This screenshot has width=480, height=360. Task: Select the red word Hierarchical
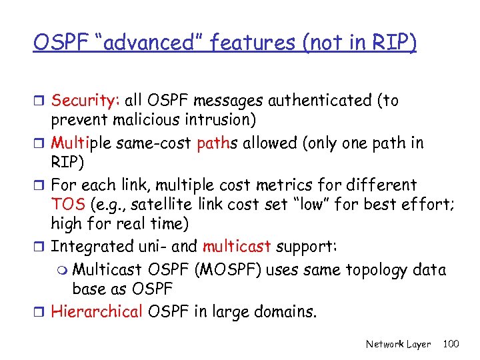(x=97, y=311)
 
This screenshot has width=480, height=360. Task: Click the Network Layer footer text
(x=398, y=344)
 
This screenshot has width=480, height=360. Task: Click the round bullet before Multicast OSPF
(x=62, y=270)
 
